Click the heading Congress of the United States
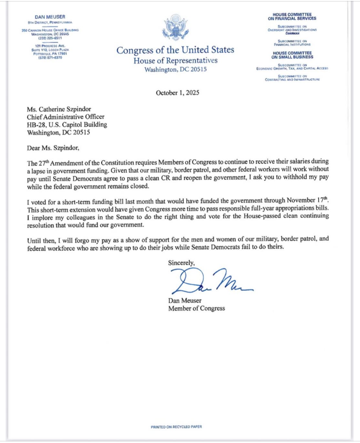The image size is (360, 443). coord(175,50)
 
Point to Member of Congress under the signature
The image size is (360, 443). coord(196,308)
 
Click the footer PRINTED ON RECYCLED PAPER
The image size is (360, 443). coord(176,427)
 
